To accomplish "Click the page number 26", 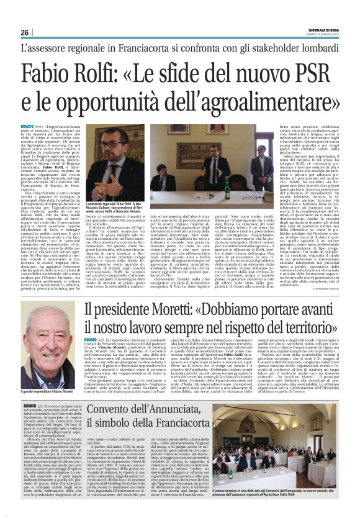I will coord(25,32).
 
